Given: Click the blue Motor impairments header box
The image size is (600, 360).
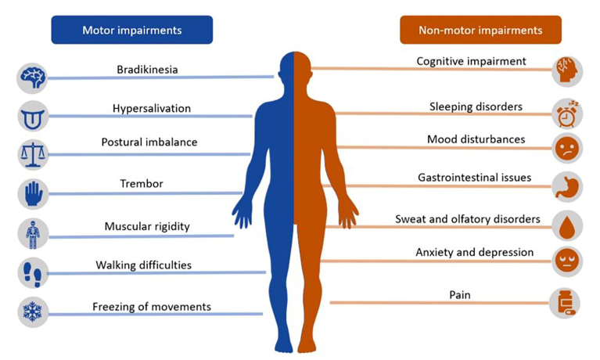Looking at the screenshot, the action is [132, 30].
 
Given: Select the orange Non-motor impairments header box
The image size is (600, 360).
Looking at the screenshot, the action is [480, 30].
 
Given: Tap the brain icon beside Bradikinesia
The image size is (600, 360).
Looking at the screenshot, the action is [33, 78].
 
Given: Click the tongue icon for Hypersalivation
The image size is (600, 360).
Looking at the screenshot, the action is [33, 117].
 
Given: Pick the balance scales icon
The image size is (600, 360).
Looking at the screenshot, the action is [33, 155].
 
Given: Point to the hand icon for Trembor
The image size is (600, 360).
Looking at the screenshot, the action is [33, 194].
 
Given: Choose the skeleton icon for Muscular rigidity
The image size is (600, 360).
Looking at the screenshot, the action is [33, 234].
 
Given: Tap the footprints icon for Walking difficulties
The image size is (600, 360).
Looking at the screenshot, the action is [33, 273].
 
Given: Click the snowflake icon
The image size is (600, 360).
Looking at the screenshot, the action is [33, 311].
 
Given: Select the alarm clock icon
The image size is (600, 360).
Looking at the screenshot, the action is [567, 113].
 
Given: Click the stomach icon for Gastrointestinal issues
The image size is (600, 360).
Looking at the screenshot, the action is [567, 187].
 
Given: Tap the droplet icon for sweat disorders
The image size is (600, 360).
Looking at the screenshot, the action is [567, 226].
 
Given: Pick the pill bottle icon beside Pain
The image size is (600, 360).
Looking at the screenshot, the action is [565, 304].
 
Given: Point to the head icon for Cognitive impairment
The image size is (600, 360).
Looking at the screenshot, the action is [567, 71].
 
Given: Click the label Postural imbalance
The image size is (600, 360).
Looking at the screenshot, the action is [149, 142].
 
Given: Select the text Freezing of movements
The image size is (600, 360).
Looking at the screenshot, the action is [152, 307].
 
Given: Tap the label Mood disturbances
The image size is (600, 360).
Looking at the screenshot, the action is [476, 139].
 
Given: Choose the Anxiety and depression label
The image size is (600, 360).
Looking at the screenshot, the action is [475, 252].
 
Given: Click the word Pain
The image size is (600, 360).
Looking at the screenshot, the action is [459, 295].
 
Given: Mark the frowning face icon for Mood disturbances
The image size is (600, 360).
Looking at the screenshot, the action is [567, 148].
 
